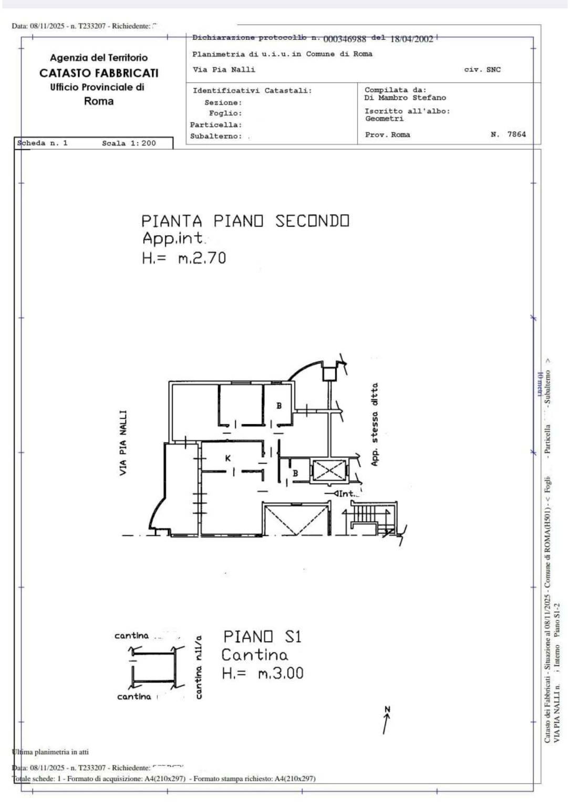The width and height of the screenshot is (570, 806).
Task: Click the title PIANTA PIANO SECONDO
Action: tap(245, 221)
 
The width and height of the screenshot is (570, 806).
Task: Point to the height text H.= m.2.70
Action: tap(184, 258)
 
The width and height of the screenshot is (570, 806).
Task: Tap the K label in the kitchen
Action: tap(228, 458)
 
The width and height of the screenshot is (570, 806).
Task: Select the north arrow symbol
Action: tap(387, 720)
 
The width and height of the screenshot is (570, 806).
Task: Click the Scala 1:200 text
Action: tap(129, 143)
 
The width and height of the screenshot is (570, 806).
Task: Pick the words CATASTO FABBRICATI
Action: tap(99, 73)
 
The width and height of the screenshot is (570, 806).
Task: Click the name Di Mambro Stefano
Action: tap(405, 98)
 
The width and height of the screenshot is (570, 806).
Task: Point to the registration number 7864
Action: tap(516, 134)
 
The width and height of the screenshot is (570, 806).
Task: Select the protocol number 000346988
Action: tap(345, 39)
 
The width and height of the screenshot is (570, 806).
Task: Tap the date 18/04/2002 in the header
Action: tap(411, 39)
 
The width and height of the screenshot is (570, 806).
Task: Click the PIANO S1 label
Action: tap(262, 637)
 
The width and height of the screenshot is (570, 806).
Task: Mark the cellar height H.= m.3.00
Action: tap(262, 673)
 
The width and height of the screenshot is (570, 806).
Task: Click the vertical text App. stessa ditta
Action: tap(375, 424)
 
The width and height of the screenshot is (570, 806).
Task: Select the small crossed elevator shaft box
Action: tap(329, 470)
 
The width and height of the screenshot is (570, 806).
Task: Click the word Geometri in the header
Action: tap(385, 119)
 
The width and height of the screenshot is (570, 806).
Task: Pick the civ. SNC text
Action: tap(482, 69)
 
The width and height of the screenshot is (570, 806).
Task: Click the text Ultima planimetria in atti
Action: tap(50, 751)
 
